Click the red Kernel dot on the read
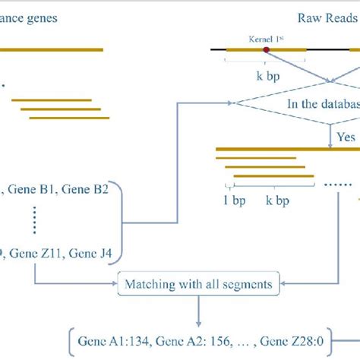click(267, 50)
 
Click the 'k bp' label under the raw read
click(267, 77)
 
